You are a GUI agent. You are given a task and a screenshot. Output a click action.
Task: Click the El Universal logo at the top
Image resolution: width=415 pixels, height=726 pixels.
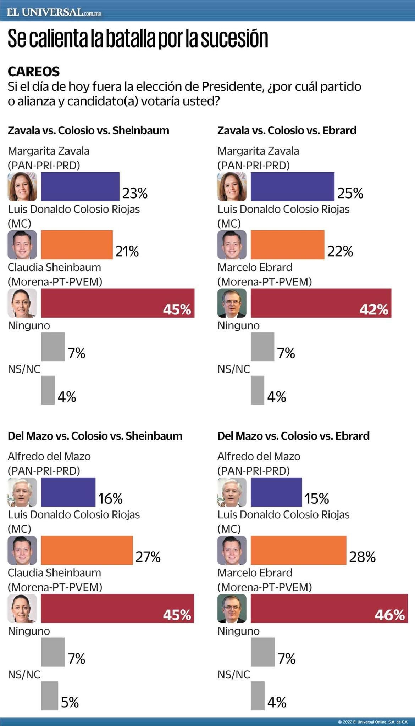tap(54, 12)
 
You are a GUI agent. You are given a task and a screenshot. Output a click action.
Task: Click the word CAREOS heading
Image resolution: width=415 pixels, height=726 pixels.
tap(34, 72)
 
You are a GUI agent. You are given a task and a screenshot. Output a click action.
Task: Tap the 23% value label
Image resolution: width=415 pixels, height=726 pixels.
tap(135, 193)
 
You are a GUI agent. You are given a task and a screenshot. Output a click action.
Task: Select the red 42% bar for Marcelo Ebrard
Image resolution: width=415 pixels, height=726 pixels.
tap(321, 303)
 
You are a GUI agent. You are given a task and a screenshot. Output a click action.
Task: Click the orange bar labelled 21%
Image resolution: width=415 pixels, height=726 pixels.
tap(77, 245)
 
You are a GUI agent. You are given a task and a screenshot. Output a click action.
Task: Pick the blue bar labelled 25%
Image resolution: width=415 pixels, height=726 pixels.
tap(292, 186)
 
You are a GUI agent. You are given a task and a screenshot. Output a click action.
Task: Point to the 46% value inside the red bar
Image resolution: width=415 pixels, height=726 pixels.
tap(389, 615)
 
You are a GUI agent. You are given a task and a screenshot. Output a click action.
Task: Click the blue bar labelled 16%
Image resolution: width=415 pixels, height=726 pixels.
tap(68, 492)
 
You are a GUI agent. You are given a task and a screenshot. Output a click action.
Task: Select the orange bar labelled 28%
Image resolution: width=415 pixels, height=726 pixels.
tap(298, 550)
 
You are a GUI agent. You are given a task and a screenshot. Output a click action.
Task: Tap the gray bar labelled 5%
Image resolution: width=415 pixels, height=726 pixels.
tap(49, 696)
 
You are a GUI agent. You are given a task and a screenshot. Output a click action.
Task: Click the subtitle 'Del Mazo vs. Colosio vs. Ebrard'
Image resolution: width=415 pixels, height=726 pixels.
tap(293, 436)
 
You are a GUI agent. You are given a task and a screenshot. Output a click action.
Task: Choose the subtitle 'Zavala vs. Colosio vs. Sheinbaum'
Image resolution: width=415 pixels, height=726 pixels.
tap(88, 130)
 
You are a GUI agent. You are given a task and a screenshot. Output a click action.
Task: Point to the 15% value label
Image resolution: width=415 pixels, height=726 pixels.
tap(317, 499)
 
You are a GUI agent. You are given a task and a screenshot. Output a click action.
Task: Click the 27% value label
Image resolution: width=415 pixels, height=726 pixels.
tap(148, 557)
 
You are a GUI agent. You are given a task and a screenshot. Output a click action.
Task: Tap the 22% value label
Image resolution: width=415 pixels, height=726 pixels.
tap(340, 251)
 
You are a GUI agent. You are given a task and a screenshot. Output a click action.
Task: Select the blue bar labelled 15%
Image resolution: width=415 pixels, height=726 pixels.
tap(276, 492)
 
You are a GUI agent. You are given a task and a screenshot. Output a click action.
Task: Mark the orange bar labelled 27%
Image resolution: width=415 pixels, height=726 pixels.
tap(87, 550)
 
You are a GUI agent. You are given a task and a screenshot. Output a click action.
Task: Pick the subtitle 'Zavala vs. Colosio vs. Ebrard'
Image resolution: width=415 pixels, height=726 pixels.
tap(287, 130)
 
